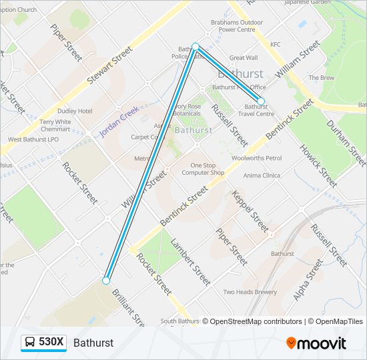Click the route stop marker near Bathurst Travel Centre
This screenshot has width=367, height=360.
[261, 101]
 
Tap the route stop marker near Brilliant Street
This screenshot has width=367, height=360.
[106, 281]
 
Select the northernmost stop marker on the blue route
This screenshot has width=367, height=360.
[196, 47]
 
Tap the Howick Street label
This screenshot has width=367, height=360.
[318, 163]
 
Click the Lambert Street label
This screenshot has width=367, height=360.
[191, 262]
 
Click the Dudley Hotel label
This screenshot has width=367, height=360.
[75, 111]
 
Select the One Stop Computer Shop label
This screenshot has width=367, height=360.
[208, 169]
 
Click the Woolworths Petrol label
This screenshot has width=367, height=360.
[257, 158]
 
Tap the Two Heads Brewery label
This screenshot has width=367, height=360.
[250, 292]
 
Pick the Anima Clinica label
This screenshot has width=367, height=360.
[262, 175]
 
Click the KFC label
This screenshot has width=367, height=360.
[276, 45]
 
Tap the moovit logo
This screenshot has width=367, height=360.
[316, 343]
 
